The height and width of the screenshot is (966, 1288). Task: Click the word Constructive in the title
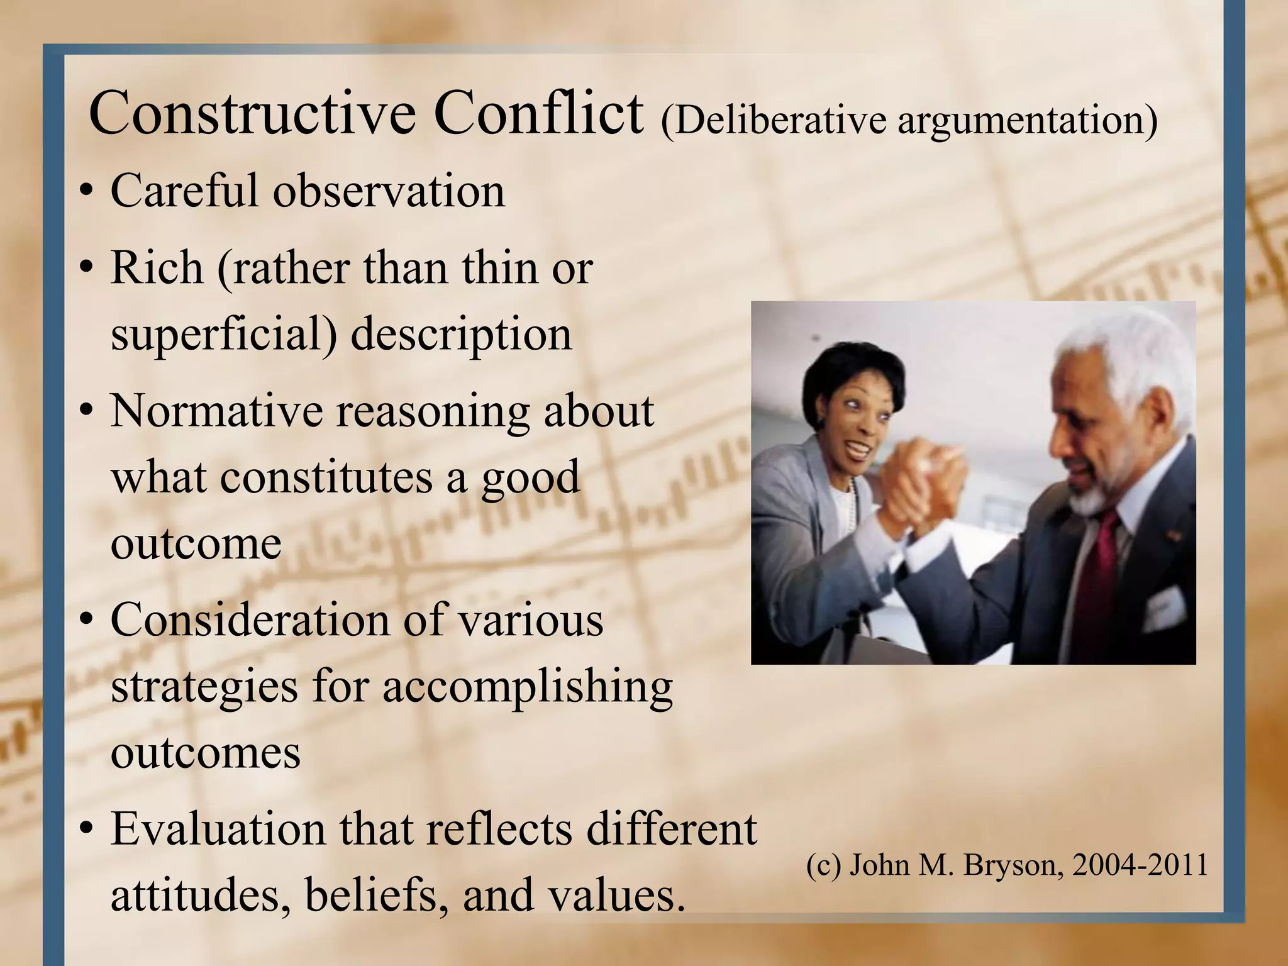pyautogui.click(x=252, y=114)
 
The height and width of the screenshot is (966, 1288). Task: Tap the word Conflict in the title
pyautogui.click(x=539, y=114)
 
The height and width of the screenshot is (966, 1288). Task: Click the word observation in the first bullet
pyautogui.click(x=389, y=191)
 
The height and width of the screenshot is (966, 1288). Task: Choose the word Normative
pyautogui.click(x=215, y=411)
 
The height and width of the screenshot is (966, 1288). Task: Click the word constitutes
pyautogui.click(x=326, y=477)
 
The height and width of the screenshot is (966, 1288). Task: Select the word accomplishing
pyautogui.click(x=527, y=688)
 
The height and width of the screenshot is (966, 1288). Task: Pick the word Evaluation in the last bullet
pyautogui.click(x=218, y=829)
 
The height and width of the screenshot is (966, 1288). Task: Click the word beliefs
pyautogui.click(x=371, y=896)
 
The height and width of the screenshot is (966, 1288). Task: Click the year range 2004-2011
pyautogui.click(x=1140, y=865)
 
